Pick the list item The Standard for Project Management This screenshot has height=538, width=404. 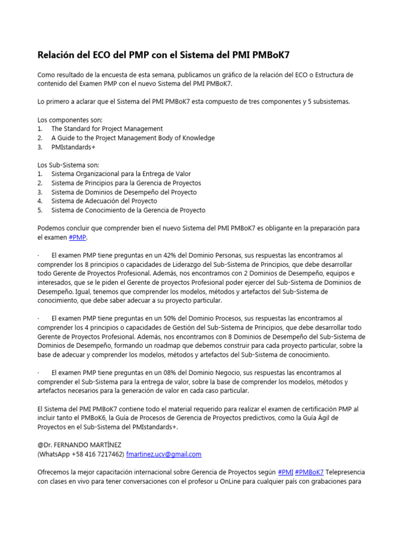107,129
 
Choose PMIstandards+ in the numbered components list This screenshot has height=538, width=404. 73,147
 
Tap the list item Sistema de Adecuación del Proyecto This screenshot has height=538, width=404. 104,201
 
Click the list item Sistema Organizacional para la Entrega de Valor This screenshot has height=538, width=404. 121,174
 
